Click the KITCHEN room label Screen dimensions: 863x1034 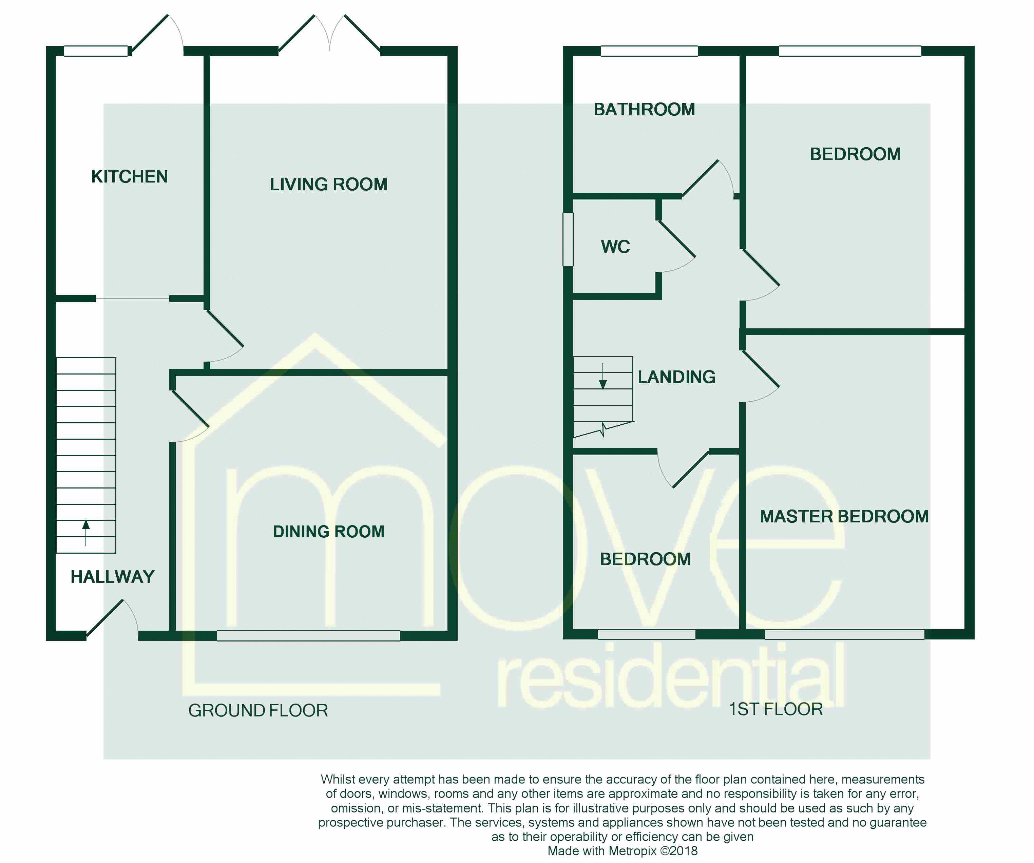130,177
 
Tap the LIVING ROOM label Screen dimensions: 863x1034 328,185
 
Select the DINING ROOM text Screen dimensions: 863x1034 328,532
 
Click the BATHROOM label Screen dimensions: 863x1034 644,109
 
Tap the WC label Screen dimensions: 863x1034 615,247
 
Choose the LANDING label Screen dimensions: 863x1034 676,377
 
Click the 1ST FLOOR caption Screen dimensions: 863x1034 776,709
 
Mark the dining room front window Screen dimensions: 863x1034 309,636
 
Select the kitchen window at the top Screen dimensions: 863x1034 96,51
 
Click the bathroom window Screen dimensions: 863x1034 649,51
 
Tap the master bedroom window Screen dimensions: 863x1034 844,635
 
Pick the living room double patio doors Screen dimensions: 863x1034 329,35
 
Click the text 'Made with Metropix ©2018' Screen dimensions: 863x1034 623,851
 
